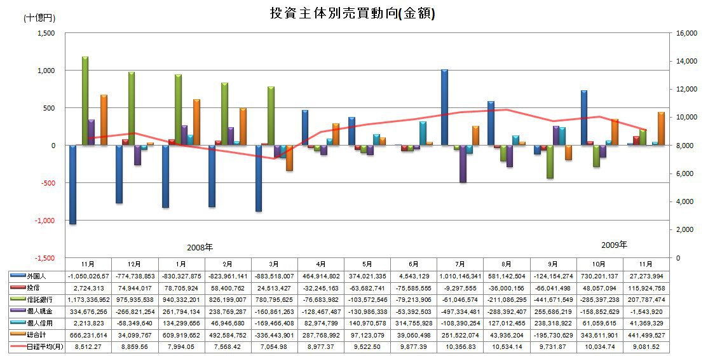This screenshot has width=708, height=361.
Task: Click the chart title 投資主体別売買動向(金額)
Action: coord(353,13)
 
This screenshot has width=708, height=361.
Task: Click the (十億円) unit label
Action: coord(39,18)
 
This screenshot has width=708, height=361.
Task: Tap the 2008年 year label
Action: coord(200,247)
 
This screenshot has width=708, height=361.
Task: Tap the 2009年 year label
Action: coord(614,245)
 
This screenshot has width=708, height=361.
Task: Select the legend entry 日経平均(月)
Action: coord(37,347)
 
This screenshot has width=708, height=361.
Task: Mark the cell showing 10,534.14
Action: coord(507,347)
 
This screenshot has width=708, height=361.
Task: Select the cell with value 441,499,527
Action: coord(646,335)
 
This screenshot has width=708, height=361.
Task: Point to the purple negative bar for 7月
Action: coord(463,164)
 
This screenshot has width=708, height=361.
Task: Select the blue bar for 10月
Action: coord(584,118)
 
